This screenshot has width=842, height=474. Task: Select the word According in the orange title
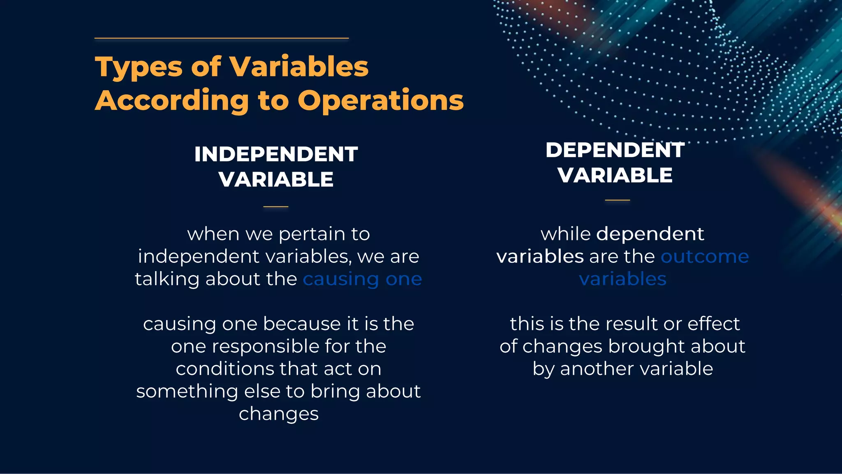coord(172,100)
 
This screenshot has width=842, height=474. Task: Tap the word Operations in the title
coord(381,100)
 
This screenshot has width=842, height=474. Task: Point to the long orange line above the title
coord(222,38)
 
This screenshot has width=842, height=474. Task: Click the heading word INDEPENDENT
coord(276,154)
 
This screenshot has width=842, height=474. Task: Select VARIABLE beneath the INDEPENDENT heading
coord(276,179)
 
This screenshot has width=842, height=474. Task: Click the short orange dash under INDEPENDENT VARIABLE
coord(276,207)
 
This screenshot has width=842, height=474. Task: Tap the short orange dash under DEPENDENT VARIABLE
coord(617,200)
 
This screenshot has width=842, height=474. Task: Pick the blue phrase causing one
coord(362,279)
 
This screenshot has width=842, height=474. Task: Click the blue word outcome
coord(705,256)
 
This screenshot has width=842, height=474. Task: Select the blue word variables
coord(622,279)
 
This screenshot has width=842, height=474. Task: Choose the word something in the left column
coord(187,391)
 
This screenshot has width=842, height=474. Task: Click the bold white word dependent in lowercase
coord(650,234)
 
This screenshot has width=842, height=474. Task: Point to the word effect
coord(714,324)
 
